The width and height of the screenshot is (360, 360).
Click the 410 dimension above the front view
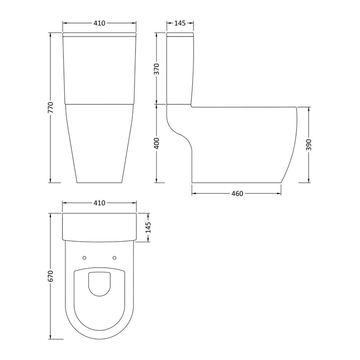99,23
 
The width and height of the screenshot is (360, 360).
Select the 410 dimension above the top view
99,203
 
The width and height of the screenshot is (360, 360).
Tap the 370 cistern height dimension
157,68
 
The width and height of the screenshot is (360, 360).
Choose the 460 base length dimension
237,194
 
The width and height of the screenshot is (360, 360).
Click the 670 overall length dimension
51,276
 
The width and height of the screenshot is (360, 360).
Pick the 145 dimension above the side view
180,23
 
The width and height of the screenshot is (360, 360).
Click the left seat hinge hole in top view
85,257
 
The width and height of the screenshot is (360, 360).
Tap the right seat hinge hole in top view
114,257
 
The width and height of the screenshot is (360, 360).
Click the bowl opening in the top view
99,283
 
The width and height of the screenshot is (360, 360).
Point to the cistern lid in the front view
99,34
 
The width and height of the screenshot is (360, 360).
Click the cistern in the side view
180,70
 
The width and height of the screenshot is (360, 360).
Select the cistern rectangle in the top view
99,227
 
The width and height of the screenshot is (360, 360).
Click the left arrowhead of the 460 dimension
194,194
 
